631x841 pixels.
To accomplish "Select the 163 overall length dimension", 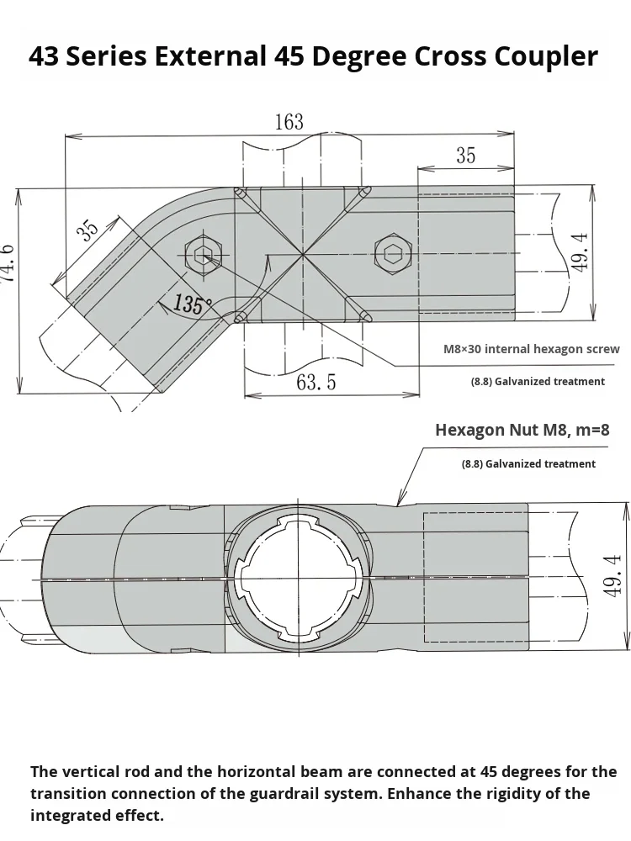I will point(289,122).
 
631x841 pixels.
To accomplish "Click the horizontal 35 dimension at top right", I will point(465,156).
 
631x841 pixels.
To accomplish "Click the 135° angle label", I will point(188,304).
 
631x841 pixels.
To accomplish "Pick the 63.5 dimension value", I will point(315,383).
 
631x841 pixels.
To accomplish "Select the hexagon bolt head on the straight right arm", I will point(392,252).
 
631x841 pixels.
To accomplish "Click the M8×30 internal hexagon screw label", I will point(532,349).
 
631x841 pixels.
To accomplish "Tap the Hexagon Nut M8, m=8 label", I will point(522,430).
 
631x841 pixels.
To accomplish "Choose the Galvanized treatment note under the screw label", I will point(538,382).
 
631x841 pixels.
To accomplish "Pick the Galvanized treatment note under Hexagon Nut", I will point(528,463).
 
